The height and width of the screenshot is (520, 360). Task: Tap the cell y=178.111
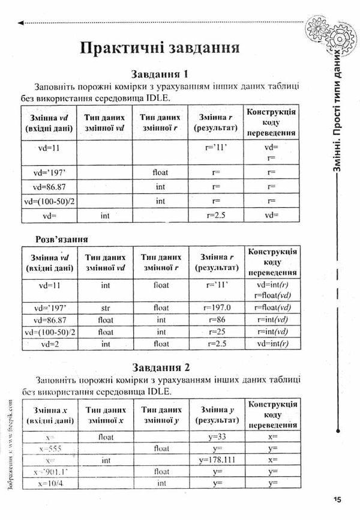214,460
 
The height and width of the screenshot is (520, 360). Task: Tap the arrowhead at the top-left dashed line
22,23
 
